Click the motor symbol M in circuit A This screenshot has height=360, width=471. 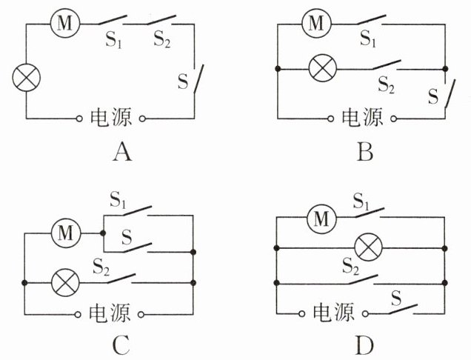pos(65,23)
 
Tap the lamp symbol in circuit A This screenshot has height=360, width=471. pos(27,78)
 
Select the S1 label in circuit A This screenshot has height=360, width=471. pos(113,40)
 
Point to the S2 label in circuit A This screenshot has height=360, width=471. pos(162,39)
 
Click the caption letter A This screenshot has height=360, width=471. pos(122,152)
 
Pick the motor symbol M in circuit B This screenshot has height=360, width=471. pos(316,23)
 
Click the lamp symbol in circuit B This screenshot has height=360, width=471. pos(323,68)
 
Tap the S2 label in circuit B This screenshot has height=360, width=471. pos(386,84)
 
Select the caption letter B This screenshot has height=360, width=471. pos(365,152)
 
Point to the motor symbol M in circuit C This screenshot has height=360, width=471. pos(66,233)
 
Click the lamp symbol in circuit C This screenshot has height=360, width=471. pos(65,283)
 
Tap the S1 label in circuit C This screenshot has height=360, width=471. pos(118,200)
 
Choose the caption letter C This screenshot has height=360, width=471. pos(121,346)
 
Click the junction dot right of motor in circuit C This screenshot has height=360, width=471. pos(103,233)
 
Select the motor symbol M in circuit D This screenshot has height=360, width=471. pos(321,219)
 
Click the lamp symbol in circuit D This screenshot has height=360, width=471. pos(368,248)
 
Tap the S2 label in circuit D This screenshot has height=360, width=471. pos(351,267)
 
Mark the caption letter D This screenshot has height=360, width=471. pos(365,346)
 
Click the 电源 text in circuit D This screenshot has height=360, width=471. pos(333,313)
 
